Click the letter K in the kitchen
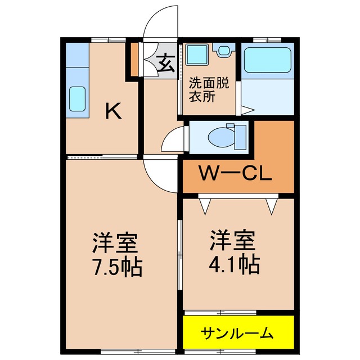click(114, 112)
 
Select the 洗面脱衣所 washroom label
click(209, 90)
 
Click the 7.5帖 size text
click(117, 265)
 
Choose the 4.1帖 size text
click(235, 263)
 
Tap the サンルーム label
click(237, 333)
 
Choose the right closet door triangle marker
click(273, 205)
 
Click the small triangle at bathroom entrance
click(245, 110)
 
